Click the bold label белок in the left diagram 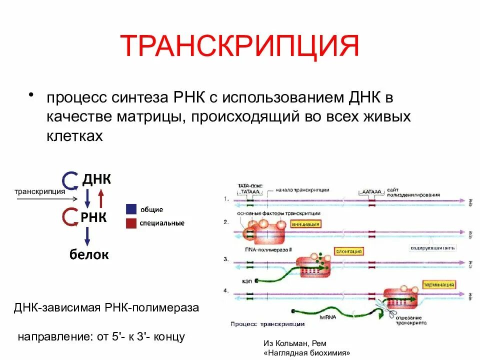coord(89,254)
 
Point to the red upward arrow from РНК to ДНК coord(101,198)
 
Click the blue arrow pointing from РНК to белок coord(87,235)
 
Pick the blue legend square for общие coord(131,209)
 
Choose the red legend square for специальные coord(131,223)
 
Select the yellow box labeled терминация coord(438,284)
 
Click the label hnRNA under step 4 coord(328,316)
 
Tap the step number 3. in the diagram coord(226,259)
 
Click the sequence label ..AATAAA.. coord(372,191)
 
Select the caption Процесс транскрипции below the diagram coord(267,324)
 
